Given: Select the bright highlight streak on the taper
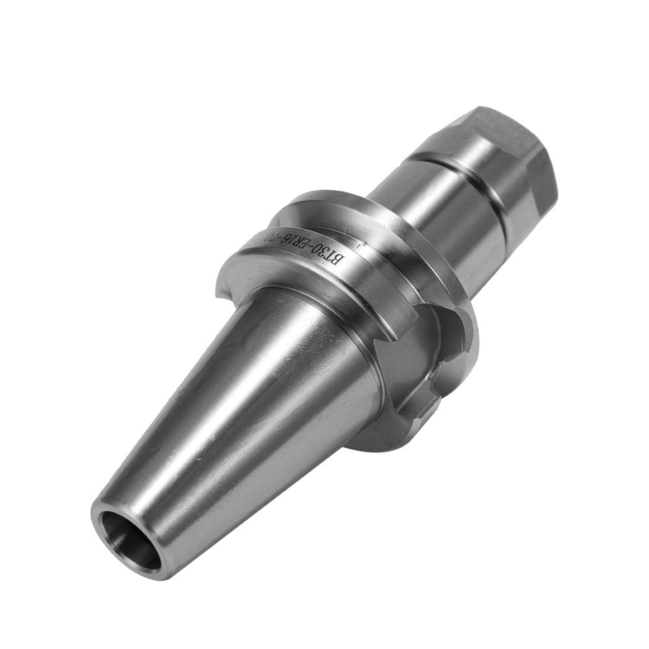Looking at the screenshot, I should coord(214,415).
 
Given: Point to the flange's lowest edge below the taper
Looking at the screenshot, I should coord(370,448).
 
